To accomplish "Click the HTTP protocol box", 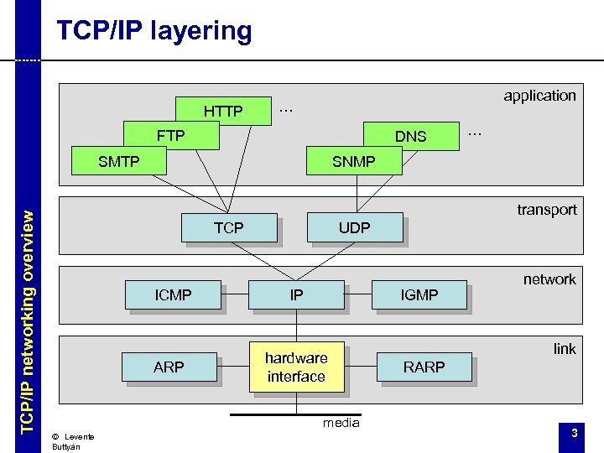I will (223, 111).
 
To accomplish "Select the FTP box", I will (170, 134).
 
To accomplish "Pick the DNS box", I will (410, 136).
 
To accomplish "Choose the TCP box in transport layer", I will (228, 227).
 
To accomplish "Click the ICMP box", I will (173, 294).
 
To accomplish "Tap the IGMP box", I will (419, 294).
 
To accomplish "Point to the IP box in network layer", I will (296, 294).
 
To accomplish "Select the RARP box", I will (424, 367).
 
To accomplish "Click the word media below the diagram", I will (341, 423).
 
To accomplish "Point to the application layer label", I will (539, 96).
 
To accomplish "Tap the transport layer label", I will (546, 210).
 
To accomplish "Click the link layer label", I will (564, 349).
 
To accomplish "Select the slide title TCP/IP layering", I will (154, 31).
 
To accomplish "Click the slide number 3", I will (574, 433).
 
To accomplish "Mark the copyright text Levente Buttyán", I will (72, 441).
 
